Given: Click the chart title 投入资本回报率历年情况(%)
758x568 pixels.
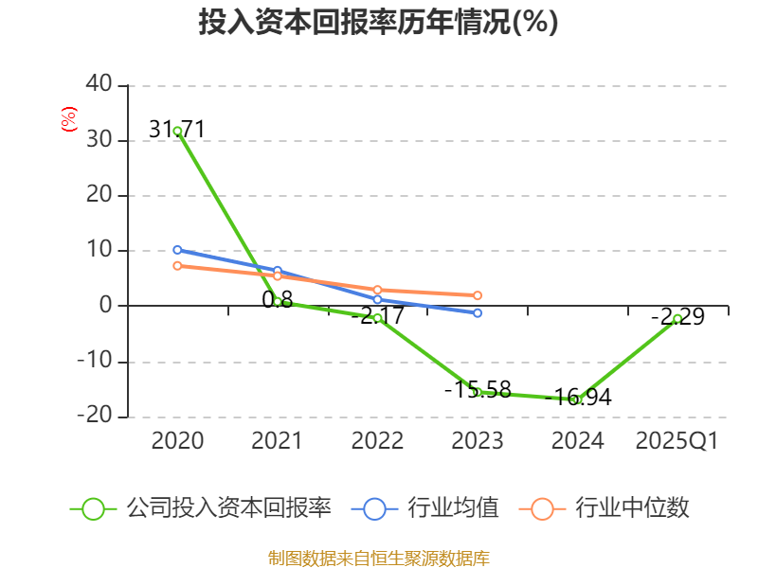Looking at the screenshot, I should (x=378, y=23).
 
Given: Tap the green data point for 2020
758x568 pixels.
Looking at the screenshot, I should (x=177, y=131).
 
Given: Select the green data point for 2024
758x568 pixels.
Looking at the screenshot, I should (x=577, y=399).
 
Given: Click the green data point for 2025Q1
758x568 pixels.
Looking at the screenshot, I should (x=677, y=318).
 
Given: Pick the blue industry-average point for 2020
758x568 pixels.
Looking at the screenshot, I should (x=177, y=250).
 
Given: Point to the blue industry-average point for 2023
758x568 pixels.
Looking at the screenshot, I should (x=478, y=312).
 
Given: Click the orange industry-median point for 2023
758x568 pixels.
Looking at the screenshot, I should (x=478, y=295).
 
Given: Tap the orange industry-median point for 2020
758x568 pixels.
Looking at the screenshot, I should (x=177, y=266).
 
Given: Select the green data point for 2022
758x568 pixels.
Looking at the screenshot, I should (x=377, y=318).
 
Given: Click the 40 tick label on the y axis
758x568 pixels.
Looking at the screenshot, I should (x=99, y=85).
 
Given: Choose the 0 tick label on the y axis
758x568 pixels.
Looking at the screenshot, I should (x=106, y=306).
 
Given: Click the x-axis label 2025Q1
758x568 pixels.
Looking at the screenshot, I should (x=677, y=441).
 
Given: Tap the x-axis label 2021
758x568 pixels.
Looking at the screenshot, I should (x=277, y=441).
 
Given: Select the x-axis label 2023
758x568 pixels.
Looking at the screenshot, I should (x=477, y=441).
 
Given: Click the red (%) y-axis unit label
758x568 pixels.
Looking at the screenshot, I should (x=68, y=119).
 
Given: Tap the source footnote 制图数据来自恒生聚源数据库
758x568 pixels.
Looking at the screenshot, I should (x=378, y=558).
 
